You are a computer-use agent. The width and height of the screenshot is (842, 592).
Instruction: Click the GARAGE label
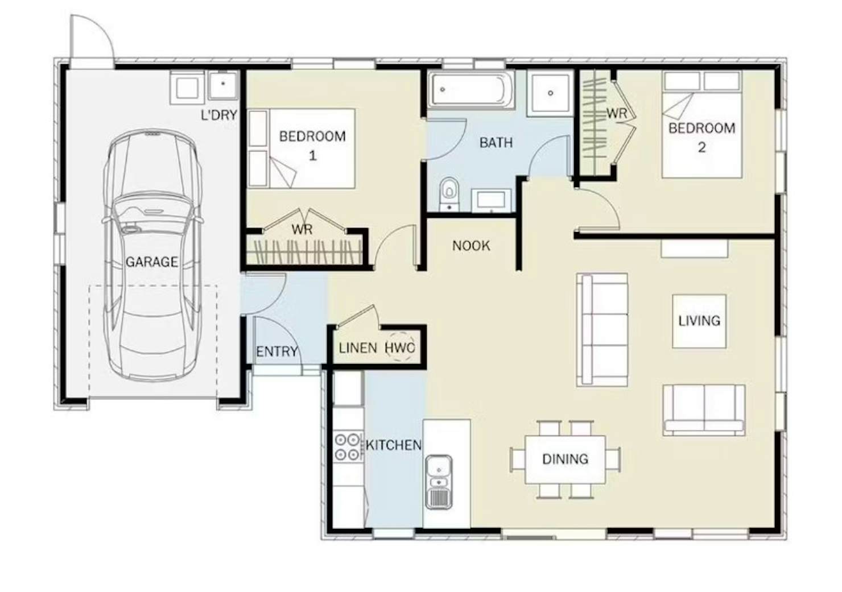151,262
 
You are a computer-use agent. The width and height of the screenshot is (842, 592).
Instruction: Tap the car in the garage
152,256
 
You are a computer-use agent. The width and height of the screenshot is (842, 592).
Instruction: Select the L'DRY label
219,115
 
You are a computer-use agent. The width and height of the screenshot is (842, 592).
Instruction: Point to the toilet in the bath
449,193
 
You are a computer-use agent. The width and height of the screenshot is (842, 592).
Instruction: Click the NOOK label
471,246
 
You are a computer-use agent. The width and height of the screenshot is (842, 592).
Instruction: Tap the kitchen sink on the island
439,482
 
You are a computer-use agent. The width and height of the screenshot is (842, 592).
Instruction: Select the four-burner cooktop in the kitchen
346,446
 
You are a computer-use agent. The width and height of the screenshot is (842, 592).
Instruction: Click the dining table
565,459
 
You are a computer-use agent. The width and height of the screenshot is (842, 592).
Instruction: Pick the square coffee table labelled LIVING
699,321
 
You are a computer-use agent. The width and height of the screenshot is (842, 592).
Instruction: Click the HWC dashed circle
400,347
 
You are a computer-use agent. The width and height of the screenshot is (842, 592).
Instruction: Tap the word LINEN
357,348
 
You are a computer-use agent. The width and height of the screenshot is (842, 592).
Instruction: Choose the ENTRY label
277,352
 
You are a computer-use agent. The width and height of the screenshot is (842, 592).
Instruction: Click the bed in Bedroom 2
702,125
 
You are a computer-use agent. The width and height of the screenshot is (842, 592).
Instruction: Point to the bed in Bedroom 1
301,149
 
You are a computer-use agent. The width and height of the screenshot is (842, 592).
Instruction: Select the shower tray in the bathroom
550,93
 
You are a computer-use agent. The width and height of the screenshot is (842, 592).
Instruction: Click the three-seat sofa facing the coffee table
602,330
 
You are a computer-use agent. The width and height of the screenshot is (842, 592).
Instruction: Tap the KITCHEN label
394,445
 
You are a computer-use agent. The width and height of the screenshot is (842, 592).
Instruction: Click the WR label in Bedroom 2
617,113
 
